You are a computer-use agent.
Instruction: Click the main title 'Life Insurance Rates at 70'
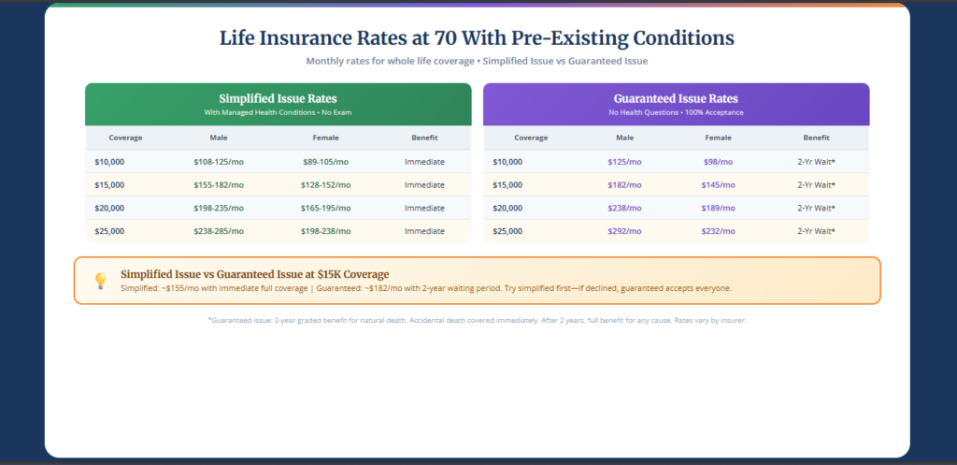tap(477, 38)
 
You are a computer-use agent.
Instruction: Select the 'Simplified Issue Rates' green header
tap(278, 98)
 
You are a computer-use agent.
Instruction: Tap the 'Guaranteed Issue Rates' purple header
tap(676, 98)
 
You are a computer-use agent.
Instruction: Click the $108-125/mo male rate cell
tap(218, 162)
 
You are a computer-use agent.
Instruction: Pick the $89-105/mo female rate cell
tap(326, 162)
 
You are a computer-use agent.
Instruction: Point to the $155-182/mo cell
tap(218, 185)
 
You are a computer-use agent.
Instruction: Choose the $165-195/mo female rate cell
tap(326, 208)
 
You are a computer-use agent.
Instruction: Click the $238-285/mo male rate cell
tap(218, 231)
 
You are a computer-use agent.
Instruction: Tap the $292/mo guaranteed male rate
tap(624, 231)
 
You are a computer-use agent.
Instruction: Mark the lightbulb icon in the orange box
tap(100, 281)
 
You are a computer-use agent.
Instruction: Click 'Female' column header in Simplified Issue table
tap(326, 138)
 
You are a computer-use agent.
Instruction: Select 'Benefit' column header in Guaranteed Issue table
tap(816, 138)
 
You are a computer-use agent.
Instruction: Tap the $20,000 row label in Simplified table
tap(109, 208)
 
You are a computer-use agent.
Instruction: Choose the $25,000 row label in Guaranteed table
tap(508, 231)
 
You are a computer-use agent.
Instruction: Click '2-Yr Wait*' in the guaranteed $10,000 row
tap(816, 162)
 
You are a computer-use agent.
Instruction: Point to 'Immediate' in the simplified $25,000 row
tap(424, 231)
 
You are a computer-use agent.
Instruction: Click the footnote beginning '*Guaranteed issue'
tap(477, 321)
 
